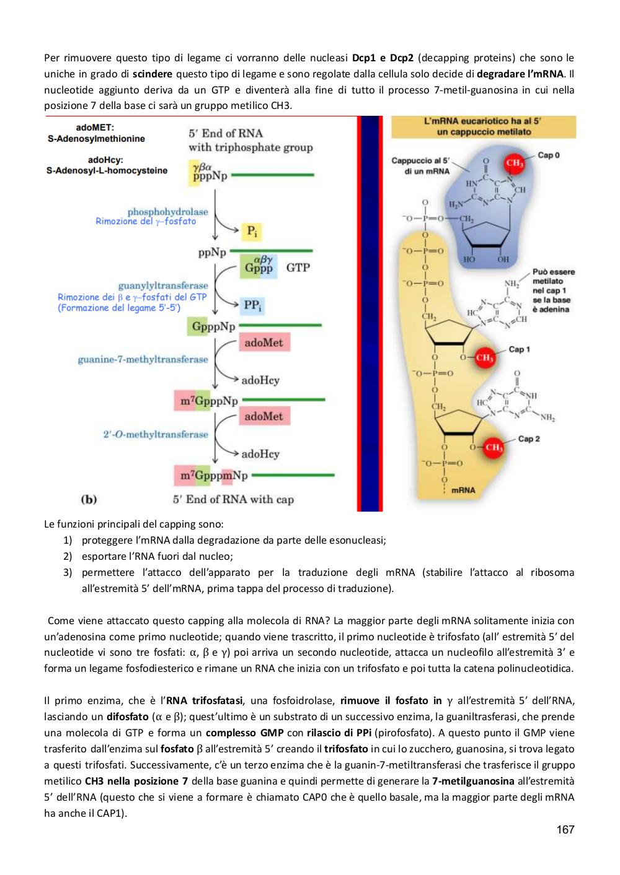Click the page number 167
(565, 829)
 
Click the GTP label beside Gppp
(298, 268)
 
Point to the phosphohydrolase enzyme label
(168, 212)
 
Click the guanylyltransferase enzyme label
(163, 285)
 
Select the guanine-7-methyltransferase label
(143, 359)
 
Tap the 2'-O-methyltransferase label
(156, 434)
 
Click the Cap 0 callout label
(549, 155)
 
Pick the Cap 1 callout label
(519, 349)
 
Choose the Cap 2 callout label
(529, 438)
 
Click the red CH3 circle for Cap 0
(514, 162)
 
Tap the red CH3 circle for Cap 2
(494, 447)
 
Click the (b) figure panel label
(89, 499)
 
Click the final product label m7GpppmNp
(214, 476)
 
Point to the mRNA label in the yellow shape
(463, 490)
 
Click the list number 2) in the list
(68, 556)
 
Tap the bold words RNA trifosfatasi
(204, 700)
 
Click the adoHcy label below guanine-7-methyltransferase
(260, 380)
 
